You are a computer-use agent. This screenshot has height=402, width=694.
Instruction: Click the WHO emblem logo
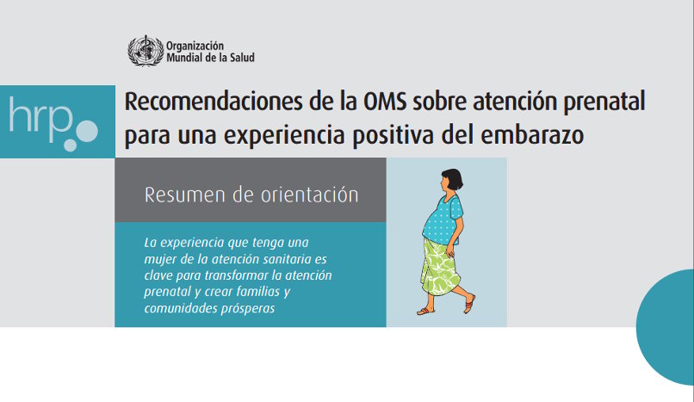click(x=146, y=51)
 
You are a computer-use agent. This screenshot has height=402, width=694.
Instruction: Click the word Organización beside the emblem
click(x=195, y=46)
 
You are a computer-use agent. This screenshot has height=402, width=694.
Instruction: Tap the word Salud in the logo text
click(x=242, y=58)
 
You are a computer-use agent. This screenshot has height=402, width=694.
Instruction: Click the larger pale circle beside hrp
click(x=87, y=131)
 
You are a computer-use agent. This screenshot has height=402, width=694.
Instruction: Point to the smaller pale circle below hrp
click(x=70, y=145)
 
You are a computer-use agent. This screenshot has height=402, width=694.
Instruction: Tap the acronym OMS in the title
click(x=385, y=102)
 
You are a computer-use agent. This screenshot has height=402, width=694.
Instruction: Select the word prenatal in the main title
click(x=604, y=102)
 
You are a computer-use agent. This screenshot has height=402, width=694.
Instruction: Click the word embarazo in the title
click(x=532, y=135)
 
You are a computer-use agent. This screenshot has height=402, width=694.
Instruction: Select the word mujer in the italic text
click(x=158, y=260)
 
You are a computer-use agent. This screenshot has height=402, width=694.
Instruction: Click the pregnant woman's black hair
click(x=454, y=178)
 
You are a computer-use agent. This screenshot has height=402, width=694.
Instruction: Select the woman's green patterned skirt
click(x=440, y=268)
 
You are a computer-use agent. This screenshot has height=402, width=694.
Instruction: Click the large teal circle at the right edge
click(x=666, y=327)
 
